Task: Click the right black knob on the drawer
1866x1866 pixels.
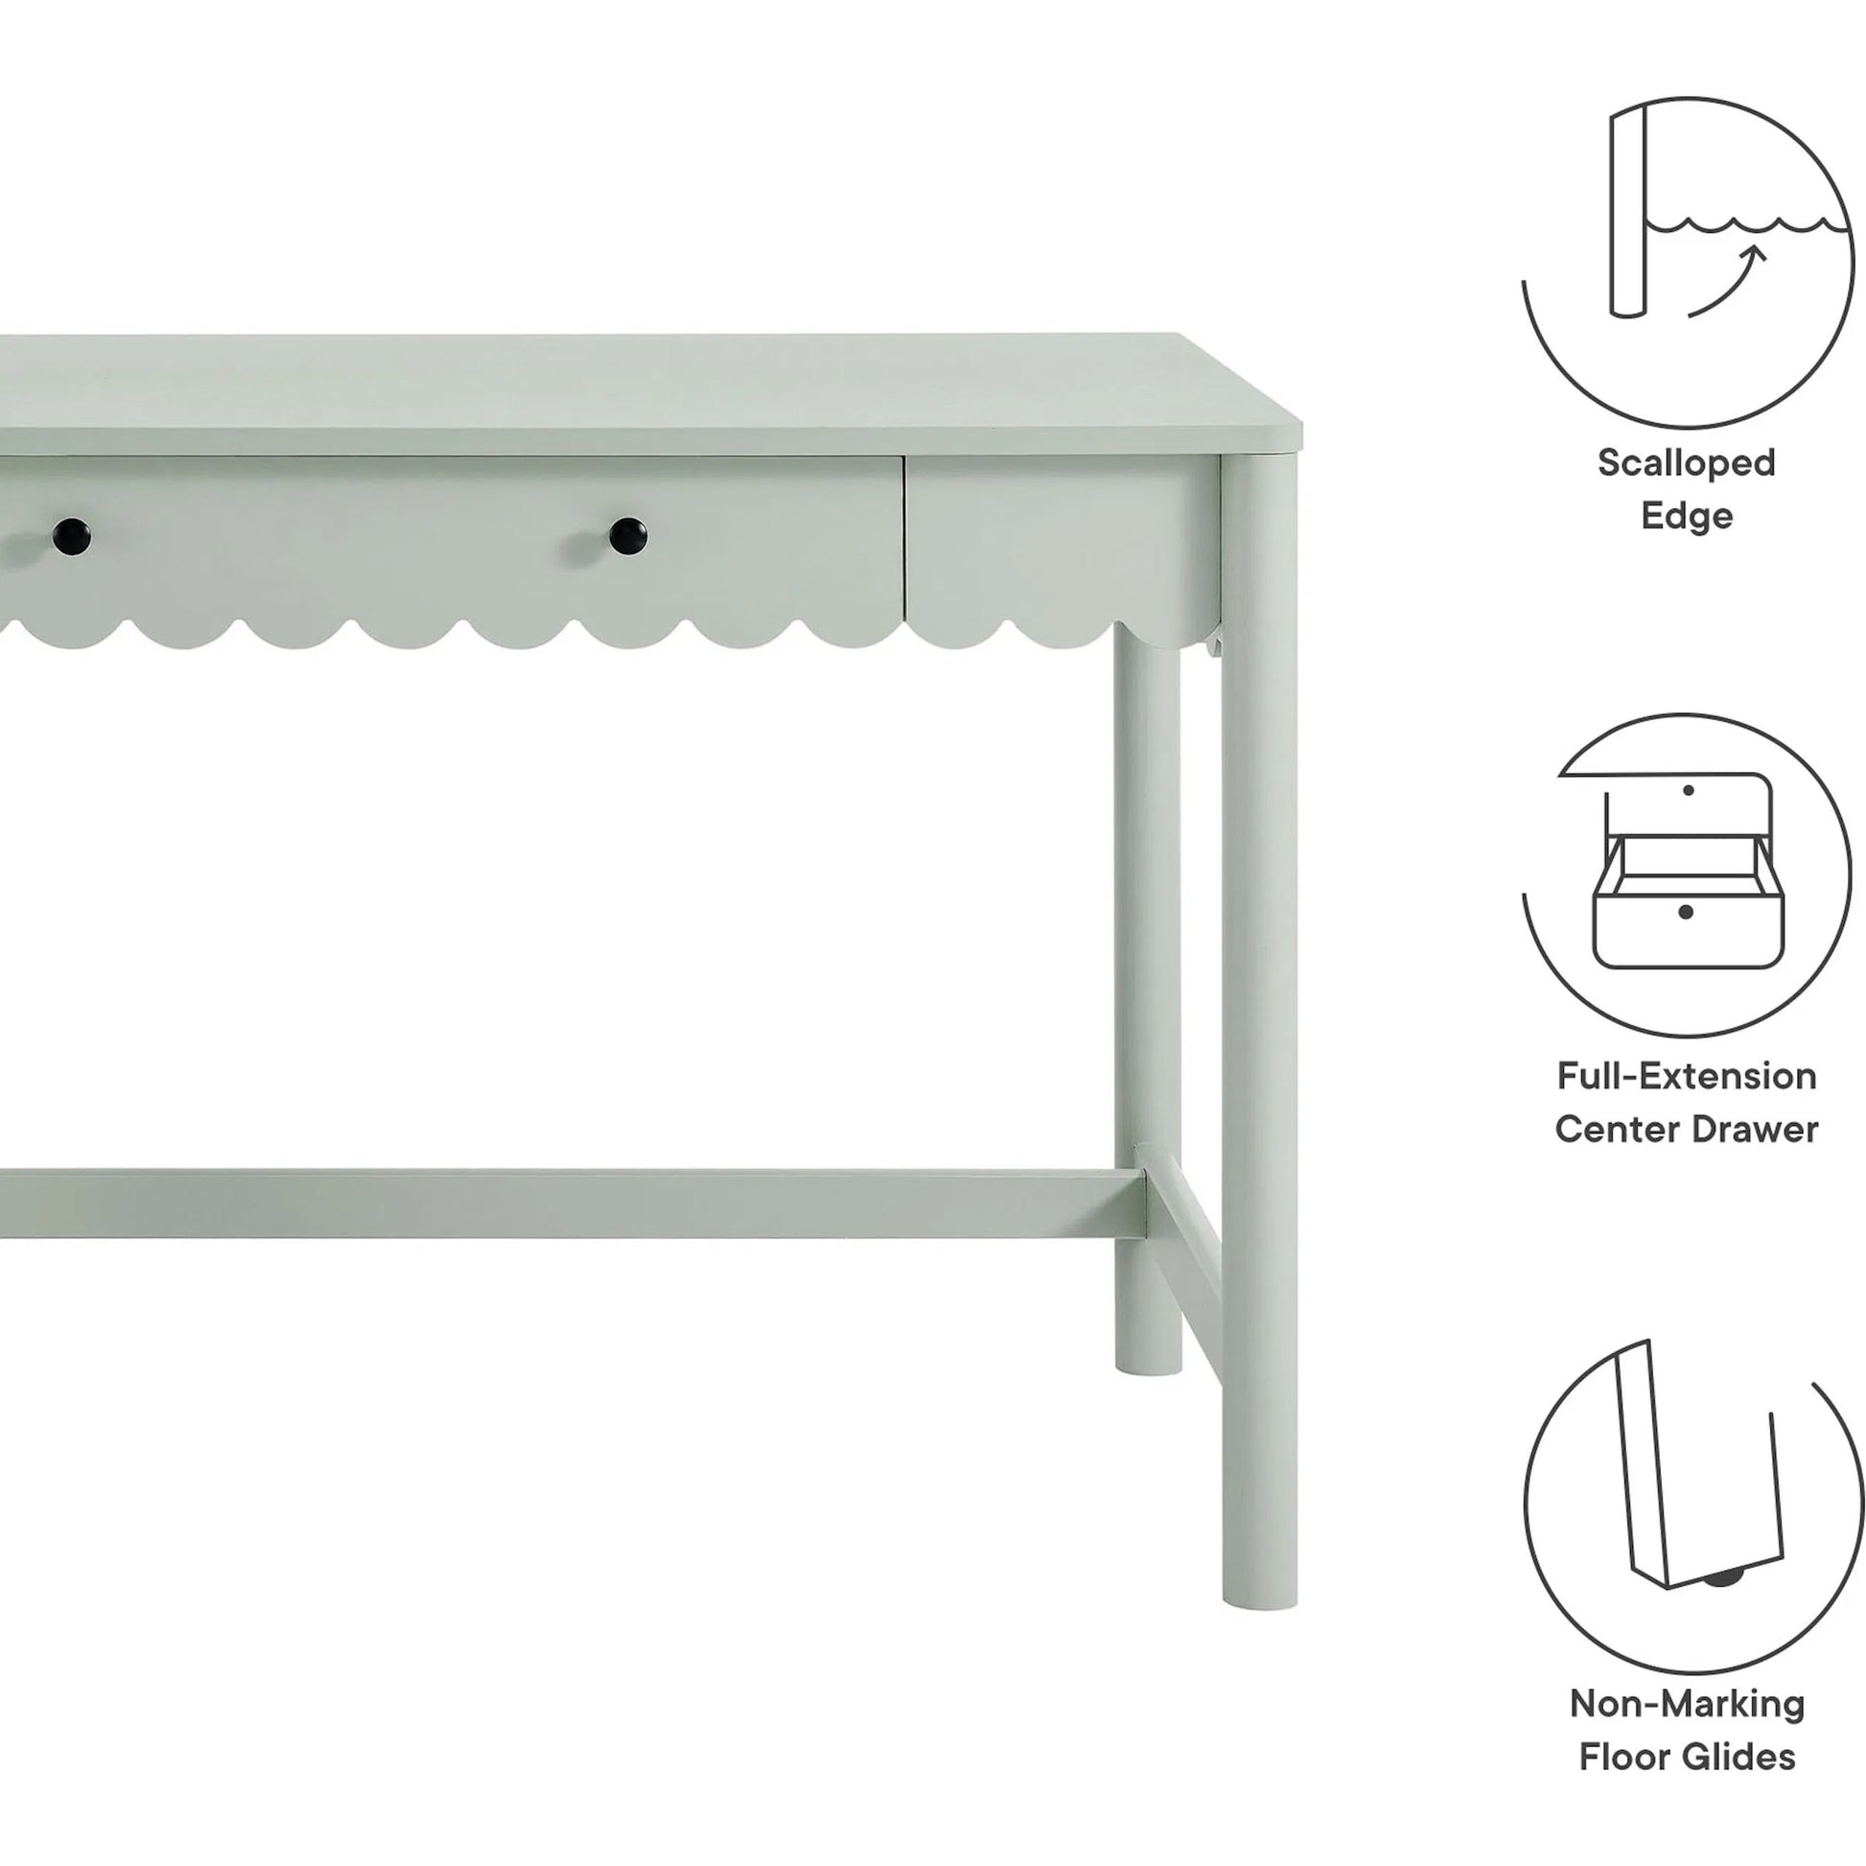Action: click(x=628, y=536)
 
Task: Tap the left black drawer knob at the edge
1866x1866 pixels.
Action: click(x=71, y=537)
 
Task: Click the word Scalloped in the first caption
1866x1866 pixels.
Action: click(x=1686, y=462)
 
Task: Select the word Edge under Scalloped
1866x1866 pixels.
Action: click(x=1687, y=516)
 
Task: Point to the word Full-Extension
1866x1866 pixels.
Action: click(x=1687, y=1075)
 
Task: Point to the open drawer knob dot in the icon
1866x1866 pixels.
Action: click(x=1686, y=912)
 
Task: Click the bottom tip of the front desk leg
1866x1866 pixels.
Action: click(x=1245, y=1603)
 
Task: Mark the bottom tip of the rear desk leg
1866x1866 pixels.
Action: click(x=1149, y=1366)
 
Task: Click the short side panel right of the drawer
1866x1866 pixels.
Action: click(x=1062, y=541)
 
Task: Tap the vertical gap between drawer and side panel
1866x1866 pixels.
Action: click(x=906, y=541)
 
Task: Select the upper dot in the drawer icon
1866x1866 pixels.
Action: click(x=1688, y=790)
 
